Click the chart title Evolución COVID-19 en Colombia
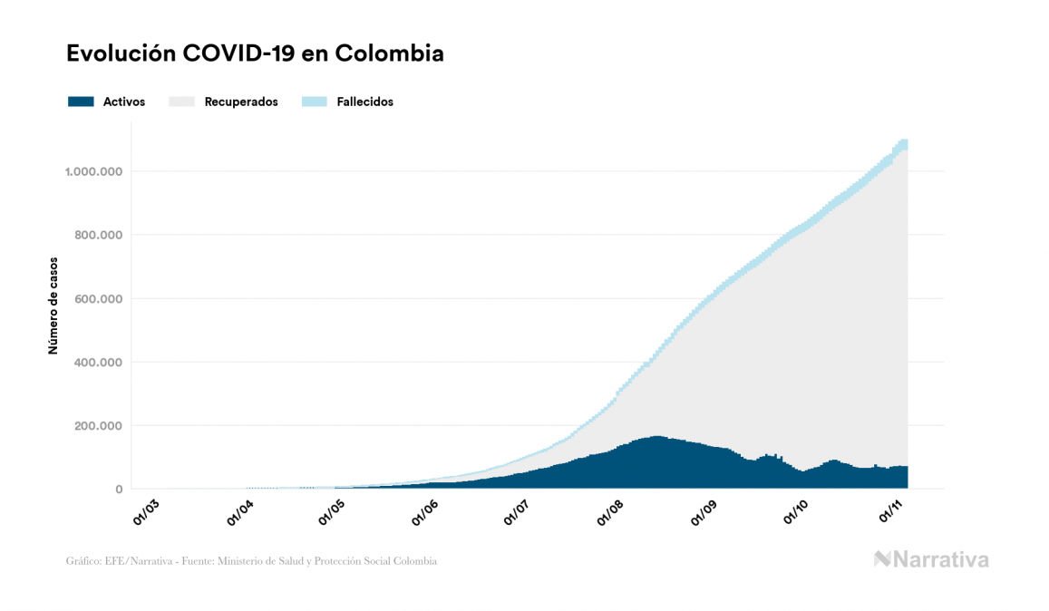255,53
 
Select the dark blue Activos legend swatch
81,102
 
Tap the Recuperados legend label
241,102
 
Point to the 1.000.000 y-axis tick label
92,171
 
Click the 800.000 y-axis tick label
99,235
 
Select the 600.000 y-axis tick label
99,298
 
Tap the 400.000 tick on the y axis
99,363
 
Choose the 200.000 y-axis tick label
99,426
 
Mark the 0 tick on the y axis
119,490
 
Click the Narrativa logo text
940,559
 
